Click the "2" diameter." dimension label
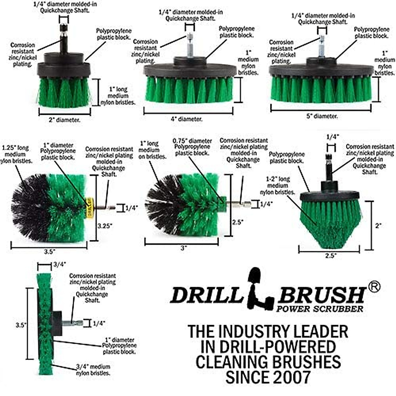click(64, 120)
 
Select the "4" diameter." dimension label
click(186, 119)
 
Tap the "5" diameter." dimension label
click(322, 116)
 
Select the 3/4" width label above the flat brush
click(60, 264)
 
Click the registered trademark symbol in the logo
click(374, 287)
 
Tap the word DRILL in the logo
click(207, 295)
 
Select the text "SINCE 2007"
click(268, 377)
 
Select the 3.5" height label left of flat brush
click(20, 325)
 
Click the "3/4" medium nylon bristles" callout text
click(93, 370)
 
